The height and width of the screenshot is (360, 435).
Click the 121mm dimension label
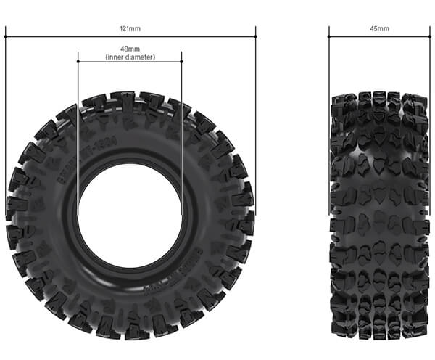[130, 28]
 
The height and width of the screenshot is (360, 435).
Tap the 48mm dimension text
[130, 49]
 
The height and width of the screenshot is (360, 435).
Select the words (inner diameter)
[130, 57]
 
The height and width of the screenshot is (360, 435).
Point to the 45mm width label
[379, 28]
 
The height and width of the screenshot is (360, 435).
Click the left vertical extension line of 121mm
[6, 109]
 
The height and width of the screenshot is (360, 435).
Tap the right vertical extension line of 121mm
[256, 109]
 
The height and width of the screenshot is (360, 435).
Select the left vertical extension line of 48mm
[78, 131]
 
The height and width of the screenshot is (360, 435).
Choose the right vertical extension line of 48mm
[182, 131]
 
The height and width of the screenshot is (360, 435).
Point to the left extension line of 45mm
[329, 65]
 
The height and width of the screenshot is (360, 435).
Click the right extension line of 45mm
[429, 65]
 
